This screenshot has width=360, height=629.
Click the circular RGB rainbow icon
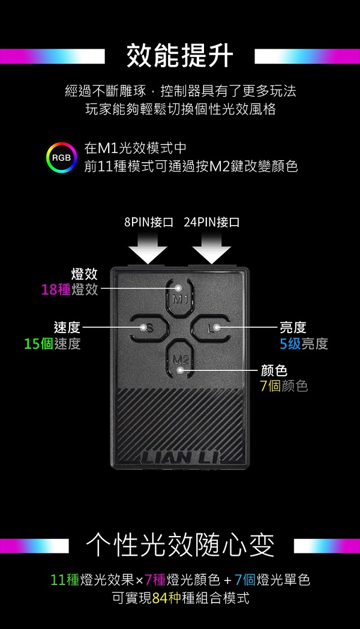point(61,157)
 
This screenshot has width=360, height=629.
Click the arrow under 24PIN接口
point(211,247)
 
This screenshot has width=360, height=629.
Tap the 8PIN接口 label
point(149,222)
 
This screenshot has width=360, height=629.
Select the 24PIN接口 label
point(212,222)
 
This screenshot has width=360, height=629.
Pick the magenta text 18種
point(56,290)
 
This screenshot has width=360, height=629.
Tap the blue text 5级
point(290,343)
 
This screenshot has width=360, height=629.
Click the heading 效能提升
point(180,56)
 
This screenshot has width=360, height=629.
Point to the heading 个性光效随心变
point(180,545)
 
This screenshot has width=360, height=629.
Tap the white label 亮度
point(293,328)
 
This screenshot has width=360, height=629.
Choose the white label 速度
point(67,328)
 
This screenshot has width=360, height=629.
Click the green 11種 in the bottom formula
point(65,580)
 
